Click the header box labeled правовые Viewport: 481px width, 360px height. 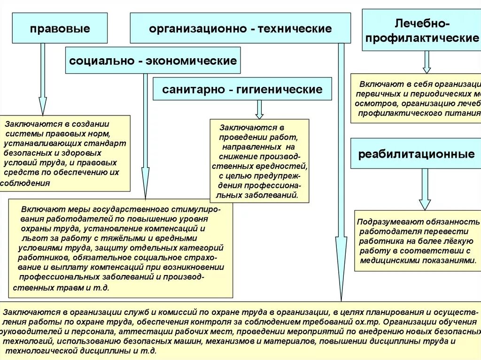tap(60, 29)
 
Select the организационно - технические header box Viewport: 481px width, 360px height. tap(240, 29)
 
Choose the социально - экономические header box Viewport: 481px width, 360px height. tap(153, 61)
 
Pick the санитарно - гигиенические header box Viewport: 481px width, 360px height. tap(242, 89)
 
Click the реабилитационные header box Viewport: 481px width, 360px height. tap(416, 154)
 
